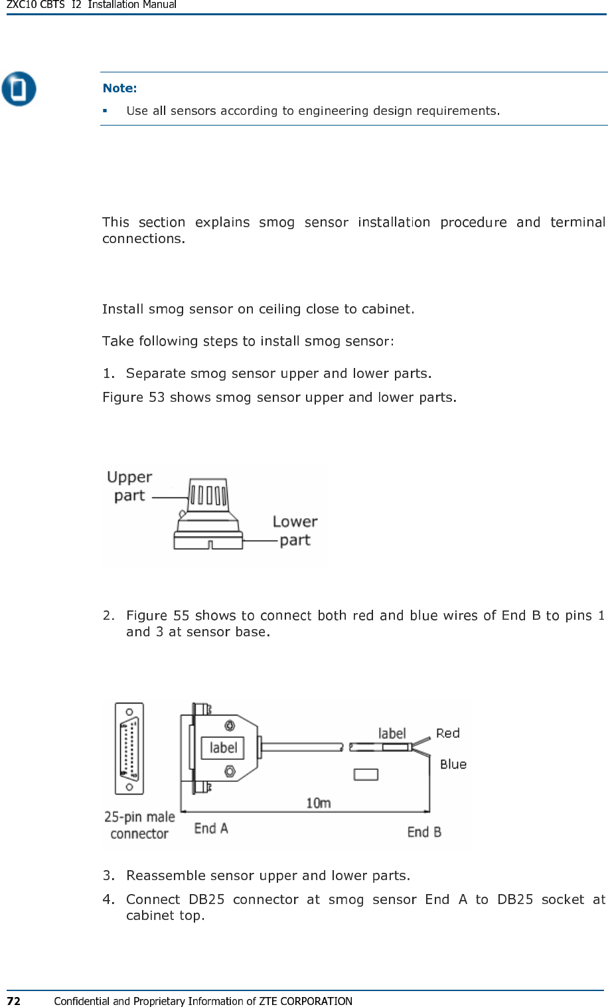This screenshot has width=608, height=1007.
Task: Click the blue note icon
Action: [x=19, y=88]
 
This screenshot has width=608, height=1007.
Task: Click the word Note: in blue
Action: [x=119, y=88]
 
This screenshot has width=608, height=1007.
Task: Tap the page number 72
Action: [x=13, y=1000]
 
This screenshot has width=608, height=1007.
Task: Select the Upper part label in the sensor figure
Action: [x=129, y=486]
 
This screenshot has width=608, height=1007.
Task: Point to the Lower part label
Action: [x=295, y=531]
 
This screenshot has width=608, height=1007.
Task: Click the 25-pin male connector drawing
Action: [x=129, y=748]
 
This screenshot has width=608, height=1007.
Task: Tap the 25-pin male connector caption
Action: [x=139, y=825]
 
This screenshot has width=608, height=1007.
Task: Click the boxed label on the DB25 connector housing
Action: [x=223, y=748]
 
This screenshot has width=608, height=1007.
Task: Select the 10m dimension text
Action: [x=319, y=803]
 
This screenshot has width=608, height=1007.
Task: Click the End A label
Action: [x=211, y=828]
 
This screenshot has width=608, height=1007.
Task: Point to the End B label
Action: [x=424, y=832]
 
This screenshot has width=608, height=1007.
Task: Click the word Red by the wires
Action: [x=448, y=733]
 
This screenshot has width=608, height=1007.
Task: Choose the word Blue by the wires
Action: [x=453, y=765]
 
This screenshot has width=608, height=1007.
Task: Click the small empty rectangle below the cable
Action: [x=366, y=774]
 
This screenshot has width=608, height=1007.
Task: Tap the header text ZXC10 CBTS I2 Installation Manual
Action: [x=92, y=5]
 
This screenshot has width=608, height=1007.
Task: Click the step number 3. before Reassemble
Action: [x=108, y=875]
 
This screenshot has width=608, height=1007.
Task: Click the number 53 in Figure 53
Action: [x=157, y=397]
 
